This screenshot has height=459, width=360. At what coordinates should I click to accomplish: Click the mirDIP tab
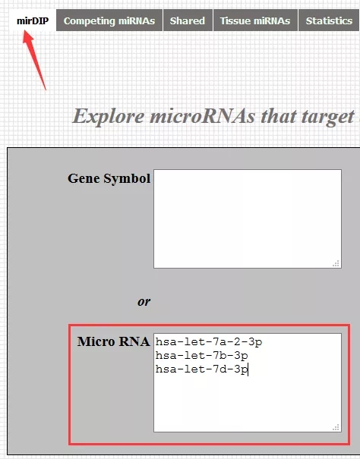(x=33, y=20)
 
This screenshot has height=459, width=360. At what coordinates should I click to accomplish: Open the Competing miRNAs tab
(x=109, y=20)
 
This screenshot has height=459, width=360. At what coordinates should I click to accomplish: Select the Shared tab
(x=188, y=20)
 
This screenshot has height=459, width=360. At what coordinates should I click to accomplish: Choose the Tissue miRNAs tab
(x=255, y=20)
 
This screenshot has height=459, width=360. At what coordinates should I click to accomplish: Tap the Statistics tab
(x=329, y=20)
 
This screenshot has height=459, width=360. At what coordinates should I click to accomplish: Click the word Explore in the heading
(x=108, y=117)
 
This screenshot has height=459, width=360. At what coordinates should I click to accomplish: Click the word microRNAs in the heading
(x=203, y=116)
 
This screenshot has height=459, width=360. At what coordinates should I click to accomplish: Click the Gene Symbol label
(x=109, y=178)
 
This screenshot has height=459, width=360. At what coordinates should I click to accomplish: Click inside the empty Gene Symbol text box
(x=248, y=218)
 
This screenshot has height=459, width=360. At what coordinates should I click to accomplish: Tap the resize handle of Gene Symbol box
(x=336, y=263)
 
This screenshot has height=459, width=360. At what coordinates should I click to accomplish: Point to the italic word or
(x=144, y=301)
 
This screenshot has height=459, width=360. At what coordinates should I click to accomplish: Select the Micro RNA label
(x=113, y=341)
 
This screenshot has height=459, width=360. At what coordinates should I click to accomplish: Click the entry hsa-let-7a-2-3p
(x=209, y=341)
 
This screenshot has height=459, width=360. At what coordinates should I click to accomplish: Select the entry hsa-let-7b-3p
(x=202, y=355)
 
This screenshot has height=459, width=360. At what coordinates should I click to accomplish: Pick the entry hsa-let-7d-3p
(x=202, y=369)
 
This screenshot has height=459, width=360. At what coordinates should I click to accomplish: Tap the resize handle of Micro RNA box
(x=336, y=427)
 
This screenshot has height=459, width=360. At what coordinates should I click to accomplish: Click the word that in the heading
(x=279, y=116)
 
